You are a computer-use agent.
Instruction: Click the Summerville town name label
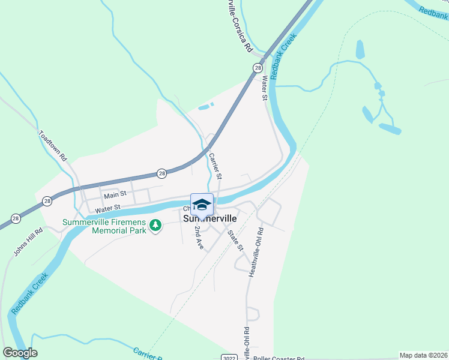pos(209,219)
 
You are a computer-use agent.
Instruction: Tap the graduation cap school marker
pos(202,204)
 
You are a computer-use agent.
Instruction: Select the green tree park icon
pos(156,226)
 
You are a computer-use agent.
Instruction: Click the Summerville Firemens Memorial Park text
pos(105,226)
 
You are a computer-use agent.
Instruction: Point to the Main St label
pos(115,195)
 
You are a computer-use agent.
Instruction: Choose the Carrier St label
pos(215,166)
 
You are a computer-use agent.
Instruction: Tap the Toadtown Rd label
pos(53,145)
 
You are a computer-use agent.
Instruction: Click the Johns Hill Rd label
pos(28,239)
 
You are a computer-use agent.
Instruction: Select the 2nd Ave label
pos(199,238)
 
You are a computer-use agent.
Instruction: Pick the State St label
pos(235,239)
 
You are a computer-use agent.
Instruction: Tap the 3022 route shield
pos(229,358)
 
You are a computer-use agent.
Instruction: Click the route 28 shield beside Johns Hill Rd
pos(16,218)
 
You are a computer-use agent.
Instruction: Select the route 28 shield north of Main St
pos(161,173)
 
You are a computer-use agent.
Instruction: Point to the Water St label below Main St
pos(108,208)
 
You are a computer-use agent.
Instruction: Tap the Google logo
pos(20,353)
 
